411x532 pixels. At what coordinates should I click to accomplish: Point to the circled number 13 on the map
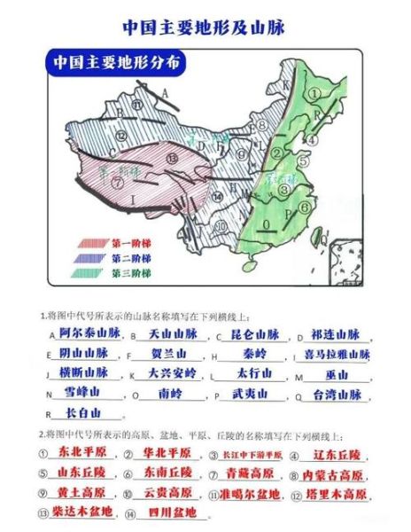click(x=169, y=158)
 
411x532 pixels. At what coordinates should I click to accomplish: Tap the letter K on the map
click(x=287, y=84)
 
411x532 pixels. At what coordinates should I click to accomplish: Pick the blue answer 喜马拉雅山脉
click(x=337, y=354)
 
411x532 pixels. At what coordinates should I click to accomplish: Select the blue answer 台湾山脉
click(x=337, y=394)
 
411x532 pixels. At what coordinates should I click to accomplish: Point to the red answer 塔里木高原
click(x=342, y=493)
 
